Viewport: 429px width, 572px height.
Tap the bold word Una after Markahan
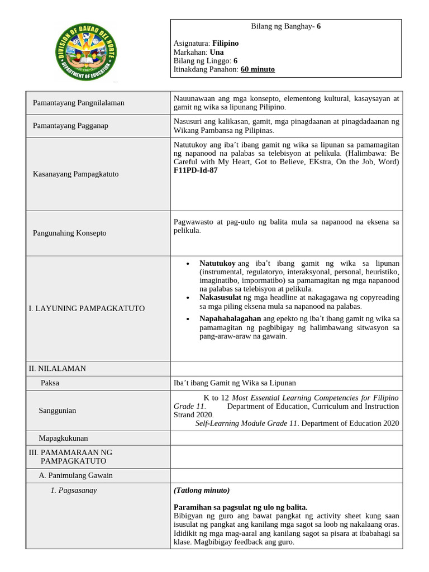pyautogui.click(x=217, y=52)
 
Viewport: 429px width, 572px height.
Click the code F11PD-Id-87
pyautogui.click(x=196, y=170)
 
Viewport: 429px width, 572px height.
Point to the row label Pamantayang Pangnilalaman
pyautogui.click(x=79, y=103)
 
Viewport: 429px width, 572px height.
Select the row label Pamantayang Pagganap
pyautogui.click(x=70, y=126)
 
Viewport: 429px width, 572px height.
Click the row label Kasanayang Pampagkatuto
pyautogui.click(x=76, y=174)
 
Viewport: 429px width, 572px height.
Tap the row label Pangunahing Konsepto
pyautogui.click(x=70, y=233)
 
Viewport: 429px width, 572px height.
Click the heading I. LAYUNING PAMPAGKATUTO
pyautogui.click(x=87, y=308)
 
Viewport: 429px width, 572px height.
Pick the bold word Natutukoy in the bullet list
pyautogui.click(x=217, y=263)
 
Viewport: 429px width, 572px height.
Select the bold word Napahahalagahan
pyautogui.click(x=230, y=318)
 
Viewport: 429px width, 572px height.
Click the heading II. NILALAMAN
pyautogui.click(x=58, y=369)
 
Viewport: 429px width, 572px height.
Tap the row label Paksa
pyautogui.click(x=50, y=383)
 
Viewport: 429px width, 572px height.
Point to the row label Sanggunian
pyautogui.click(x=57, y=411)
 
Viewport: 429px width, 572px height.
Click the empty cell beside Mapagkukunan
pyautogui.click(x=285, y=438)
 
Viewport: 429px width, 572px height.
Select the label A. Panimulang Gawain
pyautogui.click(x=75, y=475)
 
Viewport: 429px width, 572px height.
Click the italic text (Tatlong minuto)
pyautogui.click(x=202, y=490)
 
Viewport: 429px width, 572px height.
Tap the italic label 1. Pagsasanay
pyautogui.click(x=74, y=490)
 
